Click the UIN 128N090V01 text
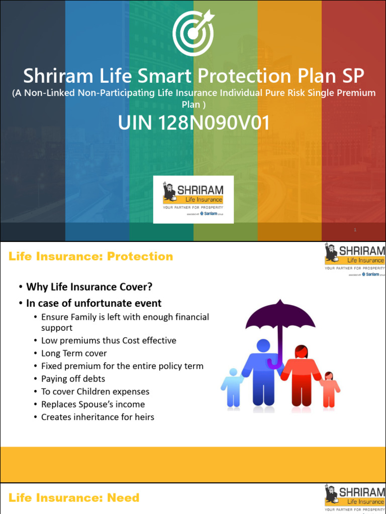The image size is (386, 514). tap(194, 122)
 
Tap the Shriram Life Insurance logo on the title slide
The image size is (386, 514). tap(193, 199)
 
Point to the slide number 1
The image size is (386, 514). tap(355, 230)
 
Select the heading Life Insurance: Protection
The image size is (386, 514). tap(91, 256)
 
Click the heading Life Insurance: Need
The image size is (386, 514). tap(74, 498)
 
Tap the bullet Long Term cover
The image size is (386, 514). tap(74, 353)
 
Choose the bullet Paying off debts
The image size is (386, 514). tap(73, 379)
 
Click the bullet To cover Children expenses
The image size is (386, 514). tap(95, 392)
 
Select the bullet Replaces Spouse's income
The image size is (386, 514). tap(92, 404)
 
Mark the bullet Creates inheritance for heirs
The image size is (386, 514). tap(98, 417)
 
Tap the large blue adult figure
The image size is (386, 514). tap(263, 373)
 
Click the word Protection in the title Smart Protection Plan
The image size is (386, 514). tap(244, 76)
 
